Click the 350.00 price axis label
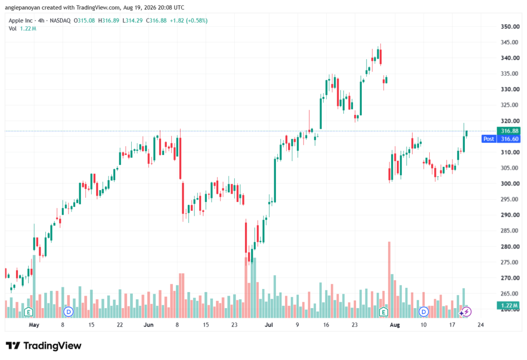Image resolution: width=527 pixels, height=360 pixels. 510,27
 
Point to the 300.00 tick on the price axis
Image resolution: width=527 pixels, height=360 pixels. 510,184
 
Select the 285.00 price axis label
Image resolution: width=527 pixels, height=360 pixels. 510,231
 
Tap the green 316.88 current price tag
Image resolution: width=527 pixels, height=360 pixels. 508,131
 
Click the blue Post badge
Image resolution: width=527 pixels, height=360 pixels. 489,139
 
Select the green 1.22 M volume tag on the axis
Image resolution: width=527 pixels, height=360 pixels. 508,305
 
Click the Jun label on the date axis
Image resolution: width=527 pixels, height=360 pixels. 148,324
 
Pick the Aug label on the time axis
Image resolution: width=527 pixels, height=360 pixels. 395,324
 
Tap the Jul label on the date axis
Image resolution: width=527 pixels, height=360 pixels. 269,324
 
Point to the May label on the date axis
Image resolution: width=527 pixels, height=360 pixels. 34,324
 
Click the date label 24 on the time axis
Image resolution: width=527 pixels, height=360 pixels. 481,324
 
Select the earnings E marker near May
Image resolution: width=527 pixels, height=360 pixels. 29,312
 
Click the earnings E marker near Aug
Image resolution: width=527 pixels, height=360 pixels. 383,312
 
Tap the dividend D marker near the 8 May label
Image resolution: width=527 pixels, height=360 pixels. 68,312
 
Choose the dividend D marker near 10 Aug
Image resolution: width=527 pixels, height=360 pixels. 424,312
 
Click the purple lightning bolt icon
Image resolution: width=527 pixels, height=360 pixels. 466,312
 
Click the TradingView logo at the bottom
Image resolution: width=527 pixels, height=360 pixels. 43,346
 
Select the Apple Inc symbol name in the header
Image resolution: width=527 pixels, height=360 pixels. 21,21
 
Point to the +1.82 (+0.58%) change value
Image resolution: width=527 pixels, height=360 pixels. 188,21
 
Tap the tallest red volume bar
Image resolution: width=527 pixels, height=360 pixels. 389,280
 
